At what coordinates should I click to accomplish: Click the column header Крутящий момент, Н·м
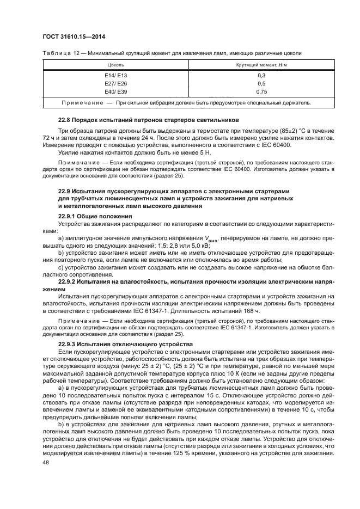(x=261, y=65)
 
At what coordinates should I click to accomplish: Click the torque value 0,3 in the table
(x=261, y=75)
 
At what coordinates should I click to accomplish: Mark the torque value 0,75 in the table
(x=261, y=92)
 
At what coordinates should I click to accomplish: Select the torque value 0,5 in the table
(x=261, y=83)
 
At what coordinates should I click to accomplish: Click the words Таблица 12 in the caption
(x=60, y=53)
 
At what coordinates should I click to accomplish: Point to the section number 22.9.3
(x=68, y=345)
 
